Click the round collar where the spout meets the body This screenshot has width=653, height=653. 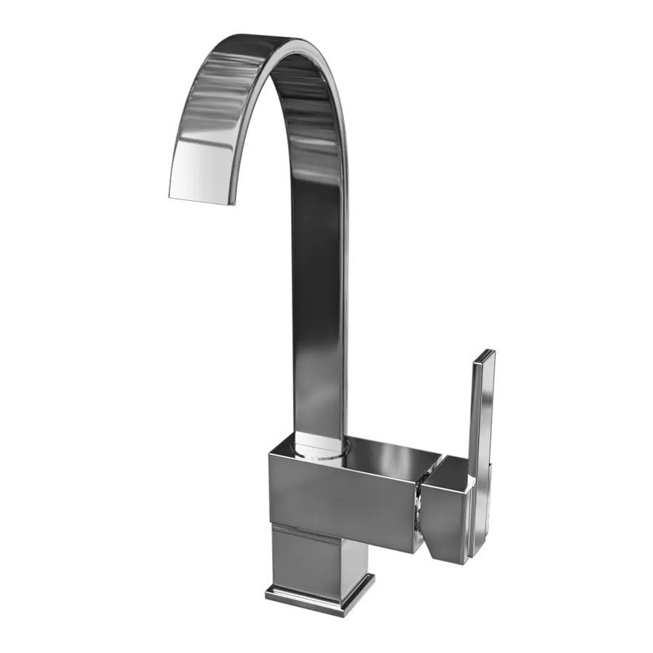(x=319, y=450)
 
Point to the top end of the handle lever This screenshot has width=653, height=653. (x=485, y=357)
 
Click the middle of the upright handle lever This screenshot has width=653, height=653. (x=481, y=450)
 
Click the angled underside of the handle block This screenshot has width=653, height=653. (x=435, y=548)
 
